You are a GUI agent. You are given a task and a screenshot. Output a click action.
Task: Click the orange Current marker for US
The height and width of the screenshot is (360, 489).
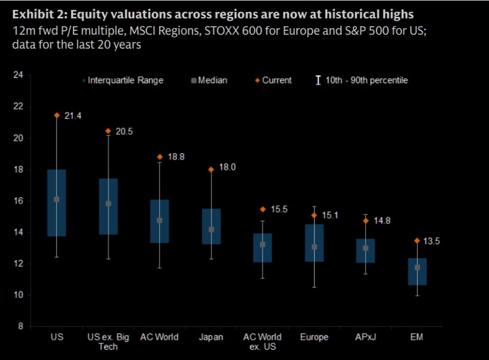(57, 115)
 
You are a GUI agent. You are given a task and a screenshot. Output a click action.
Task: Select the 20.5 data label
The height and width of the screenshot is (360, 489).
(124, 132)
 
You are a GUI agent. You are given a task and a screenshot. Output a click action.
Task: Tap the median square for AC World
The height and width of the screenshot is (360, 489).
(159, 220)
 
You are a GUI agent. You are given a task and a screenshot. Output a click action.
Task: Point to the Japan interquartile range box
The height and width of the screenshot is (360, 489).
(211, 226)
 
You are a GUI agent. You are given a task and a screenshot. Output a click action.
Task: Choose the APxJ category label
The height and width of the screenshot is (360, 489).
(365, 336)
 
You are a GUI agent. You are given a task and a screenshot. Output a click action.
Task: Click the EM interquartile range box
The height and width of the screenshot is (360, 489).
(417, 271)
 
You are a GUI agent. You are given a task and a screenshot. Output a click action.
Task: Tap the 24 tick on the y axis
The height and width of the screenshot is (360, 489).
(18, 75)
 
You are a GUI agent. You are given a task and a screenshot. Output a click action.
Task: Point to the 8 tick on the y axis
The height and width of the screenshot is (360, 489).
(20, 327)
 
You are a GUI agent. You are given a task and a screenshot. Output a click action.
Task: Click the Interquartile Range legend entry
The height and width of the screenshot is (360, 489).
(123, 80)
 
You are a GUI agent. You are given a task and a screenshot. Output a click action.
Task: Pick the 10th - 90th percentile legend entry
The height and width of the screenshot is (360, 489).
(362, 80)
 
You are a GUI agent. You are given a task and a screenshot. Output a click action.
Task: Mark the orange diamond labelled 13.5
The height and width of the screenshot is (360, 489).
(417, 240)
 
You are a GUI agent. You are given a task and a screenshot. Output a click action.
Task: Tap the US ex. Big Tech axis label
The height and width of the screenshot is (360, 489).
(108, 342)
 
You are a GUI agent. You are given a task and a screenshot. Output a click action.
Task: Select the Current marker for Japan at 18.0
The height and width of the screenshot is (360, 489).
(211, 169)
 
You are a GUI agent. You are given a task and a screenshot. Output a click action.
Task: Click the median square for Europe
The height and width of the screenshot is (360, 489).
(314, 247)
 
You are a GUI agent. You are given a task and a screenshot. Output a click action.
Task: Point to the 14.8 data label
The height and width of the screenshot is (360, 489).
(382, 221)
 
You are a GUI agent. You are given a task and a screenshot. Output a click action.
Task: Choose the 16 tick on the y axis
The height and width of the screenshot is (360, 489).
(18, 201)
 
